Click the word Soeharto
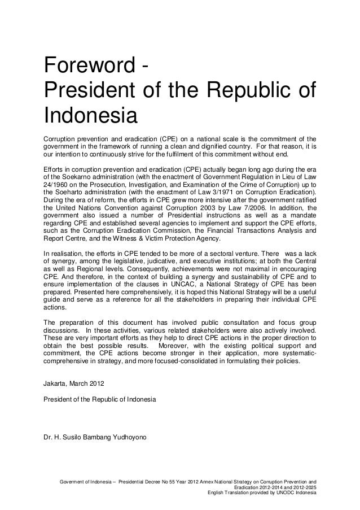pyautogui.click(x=69, y=192)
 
